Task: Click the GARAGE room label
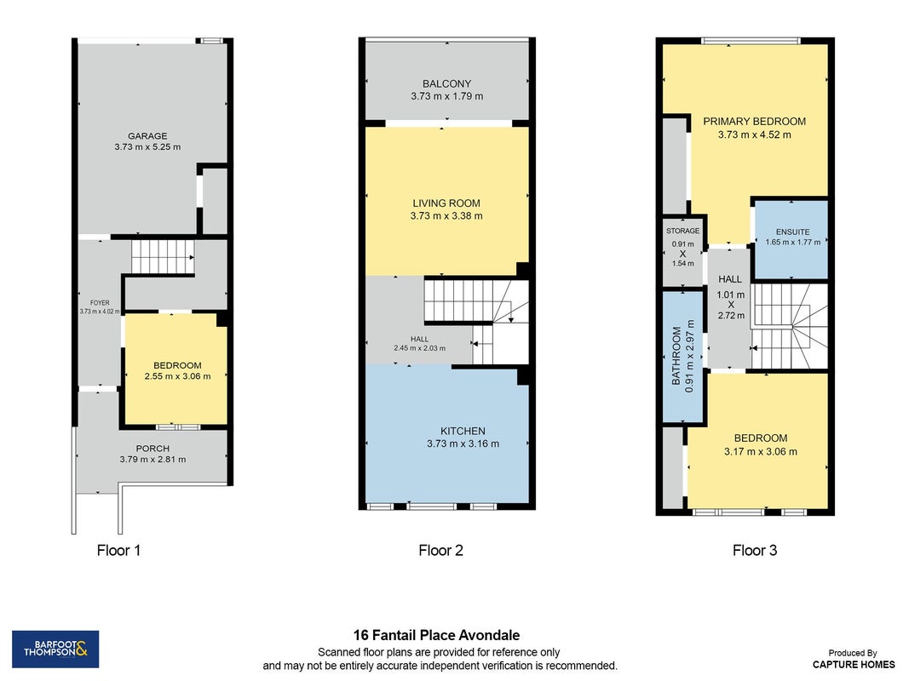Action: click(147, 136)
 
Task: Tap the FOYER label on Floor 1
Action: click(100, 303)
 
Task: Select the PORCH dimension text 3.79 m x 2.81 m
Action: click(153, 459)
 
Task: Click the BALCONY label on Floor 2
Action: click(446, 84)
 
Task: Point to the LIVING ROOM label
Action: click(446, 203)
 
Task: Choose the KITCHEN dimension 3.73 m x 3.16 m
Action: click(463, 444)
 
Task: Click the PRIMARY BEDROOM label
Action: click(754, 122)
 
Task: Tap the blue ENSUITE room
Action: click(791, 238)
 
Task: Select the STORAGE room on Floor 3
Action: click(683, 252)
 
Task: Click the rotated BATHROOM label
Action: click(676, 356)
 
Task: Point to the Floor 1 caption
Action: click(118, 550)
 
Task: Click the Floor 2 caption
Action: click(441, 550)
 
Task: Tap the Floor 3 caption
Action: click(755, 550)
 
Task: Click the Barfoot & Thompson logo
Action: click(55, 650)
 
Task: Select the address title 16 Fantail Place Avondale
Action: click(436, 635)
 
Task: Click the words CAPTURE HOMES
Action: click(854, 664)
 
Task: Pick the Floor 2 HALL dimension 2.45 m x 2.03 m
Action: click(420, 348)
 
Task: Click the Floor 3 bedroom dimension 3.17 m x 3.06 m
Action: click(761, 452)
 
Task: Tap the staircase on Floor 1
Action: click(163, 256)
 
